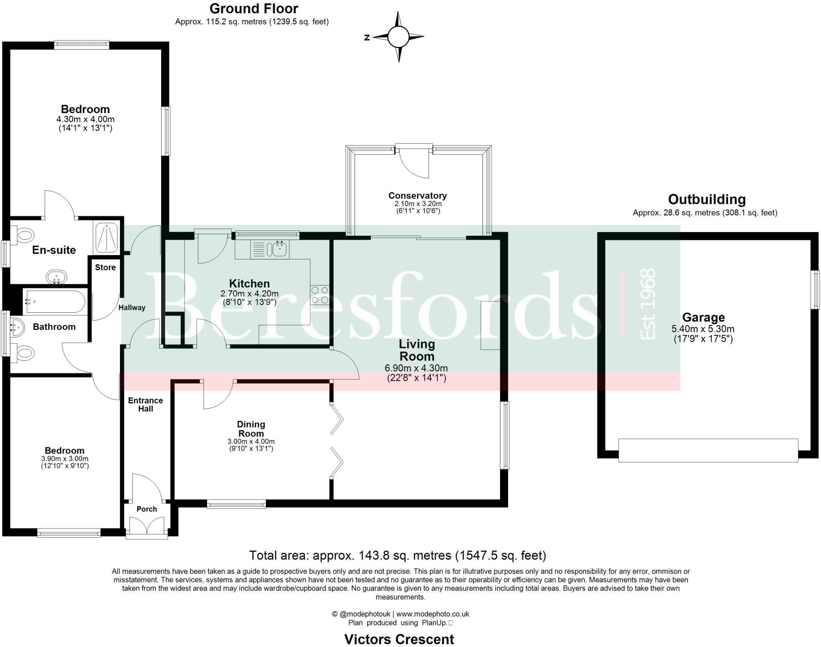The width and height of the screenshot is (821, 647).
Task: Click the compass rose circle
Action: click(398, 37)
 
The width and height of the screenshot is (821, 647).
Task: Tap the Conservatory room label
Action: click(417, 196)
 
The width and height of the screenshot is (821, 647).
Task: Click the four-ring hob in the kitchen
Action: click(320, 295)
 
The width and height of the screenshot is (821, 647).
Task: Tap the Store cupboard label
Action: click(105, 267)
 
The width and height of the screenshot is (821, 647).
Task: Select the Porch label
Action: click(147, 509)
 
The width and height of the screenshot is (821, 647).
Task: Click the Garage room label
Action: click(703, 317)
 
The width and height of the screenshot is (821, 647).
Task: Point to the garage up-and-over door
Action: click(708, 450)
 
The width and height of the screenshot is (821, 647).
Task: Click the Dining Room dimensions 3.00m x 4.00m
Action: click(251, 441)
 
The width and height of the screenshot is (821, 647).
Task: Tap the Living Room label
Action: click(417, 350)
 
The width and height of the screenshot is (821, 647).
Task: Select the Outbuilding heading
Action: click(706, 199)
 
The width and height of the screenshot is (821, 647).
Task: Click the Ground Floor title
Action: click(254, 8)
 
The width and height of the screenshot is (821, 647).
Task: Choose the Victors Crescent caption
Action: click(399, 639)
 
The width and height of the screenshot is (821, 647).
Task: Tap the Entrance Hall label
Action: click(146, 404)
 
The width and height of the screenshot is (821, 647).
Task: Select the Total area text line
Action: click(397, 555)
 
